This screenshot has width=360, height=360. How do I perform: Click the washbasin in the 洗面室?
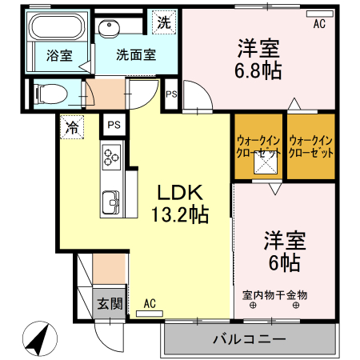tap(108, 29)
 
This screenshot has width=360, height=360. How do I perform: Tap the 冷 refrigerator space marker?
tap(72, 126)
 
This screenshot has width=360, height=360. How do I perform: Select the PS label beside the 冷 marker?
tap(114, 126)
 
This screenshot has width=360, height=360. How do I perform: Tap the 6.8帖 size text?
tap(258, 70)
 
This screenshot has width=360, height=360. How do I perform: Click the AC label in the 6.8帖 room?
tap(319, 25)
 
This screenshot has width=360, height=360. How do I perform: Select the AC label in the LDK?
tap(150, 303)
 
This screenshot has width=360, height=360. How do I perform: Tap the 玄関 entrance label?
tap(110, 304)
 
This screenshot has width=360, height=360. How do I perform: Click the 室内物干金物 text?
tap(274, 294)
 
